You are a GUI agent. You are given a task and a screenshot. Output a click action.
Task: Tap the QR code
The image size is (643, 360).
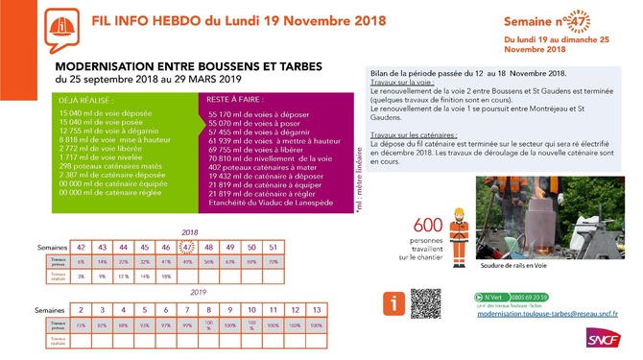(425, 304)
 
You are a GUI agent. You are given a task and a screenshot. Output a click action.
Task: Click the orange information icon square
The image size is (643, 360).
(392, 304)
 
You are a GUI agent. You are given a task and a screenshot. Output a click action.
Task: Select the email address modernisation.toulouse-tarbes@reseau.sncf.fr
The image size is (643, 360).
(547, 313)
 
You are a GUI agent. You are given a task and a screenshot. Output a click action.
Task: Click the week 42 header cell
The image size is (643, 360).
(82, 247)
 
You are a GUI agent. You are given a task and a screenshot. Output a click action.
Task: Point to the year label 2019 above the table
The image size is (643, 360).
(199, 294)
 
